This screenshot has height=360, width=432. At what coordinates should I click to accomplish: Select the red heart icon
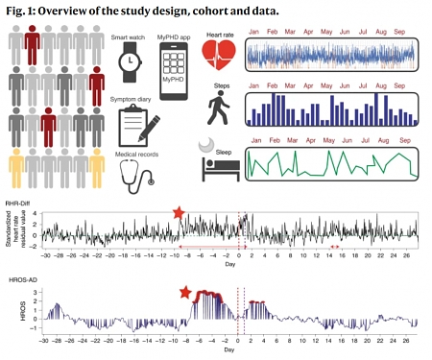click(222, 59)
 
